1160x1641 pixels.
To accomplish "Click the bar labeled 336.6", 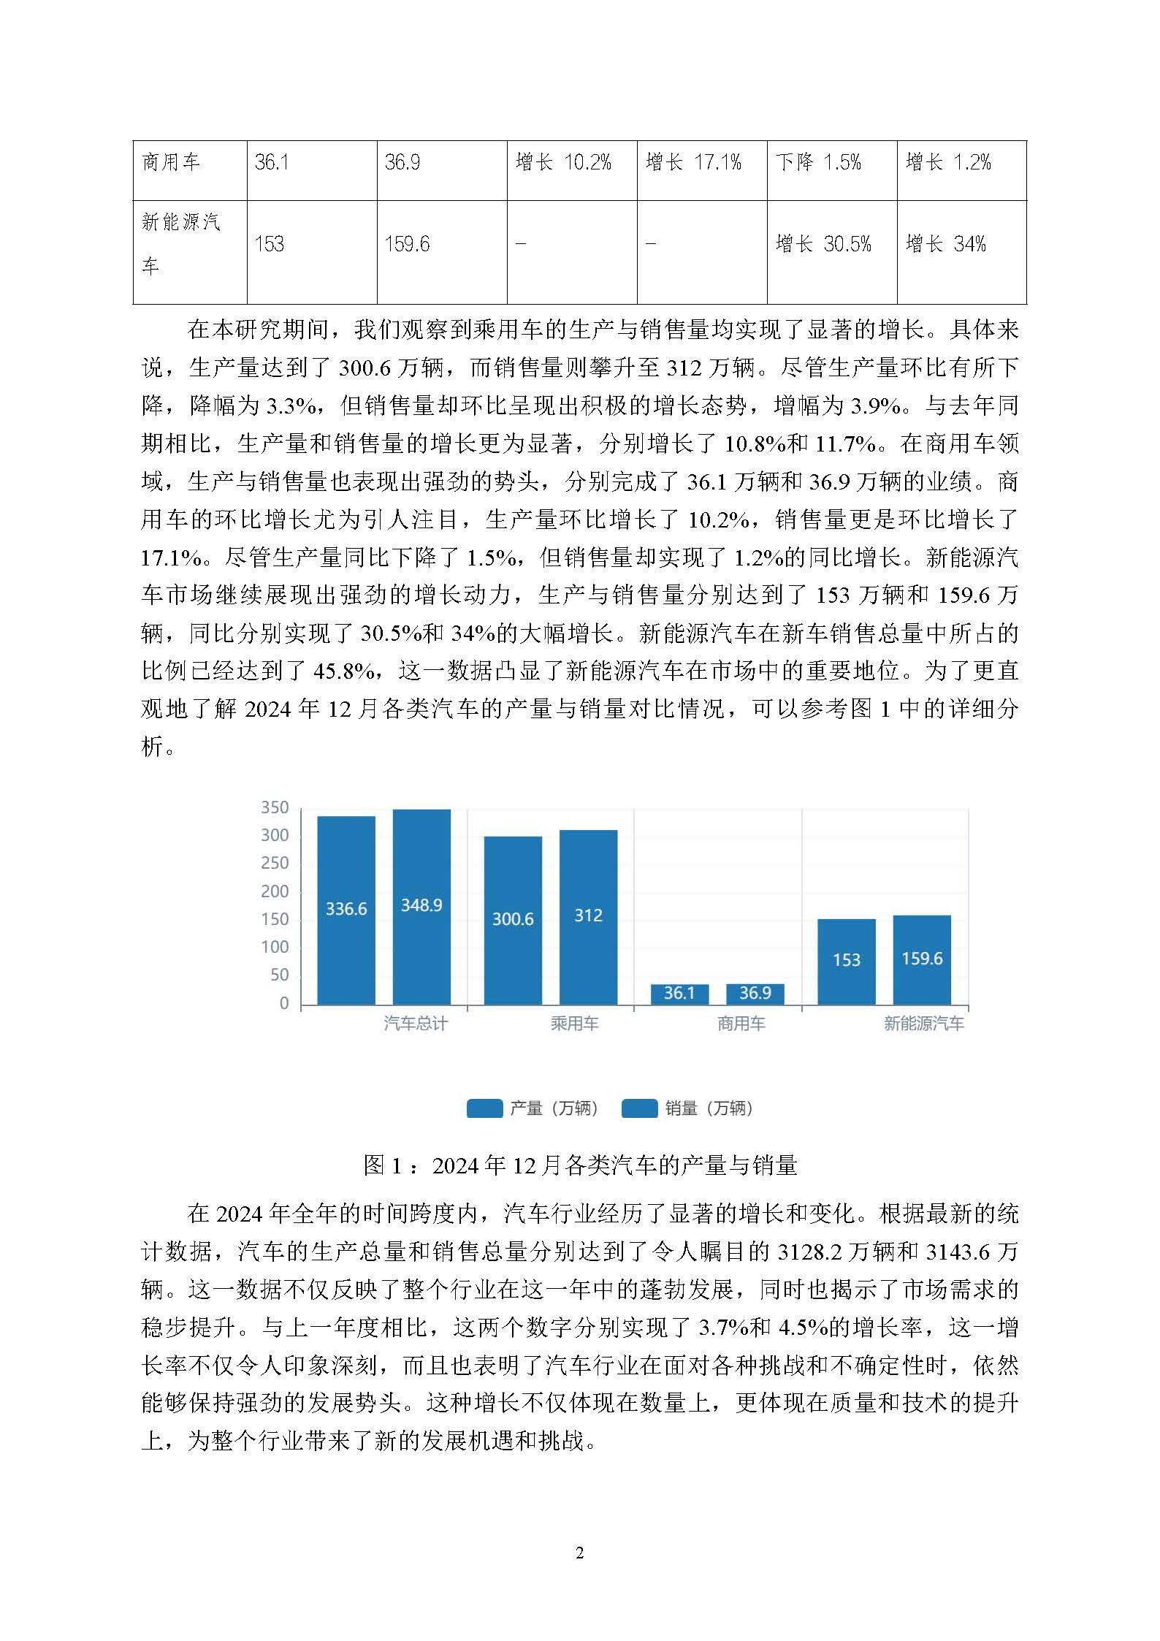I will coord(346,910).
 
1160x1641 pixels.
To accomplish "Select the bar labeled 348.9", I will coord(421,906).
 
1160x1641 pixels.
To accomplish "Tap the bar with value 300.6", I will coord(513,919).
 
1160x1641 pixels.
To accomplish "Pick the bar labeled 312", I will coord(588,916).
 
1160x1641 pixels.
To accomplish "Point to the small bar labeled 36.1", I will coord(679,994).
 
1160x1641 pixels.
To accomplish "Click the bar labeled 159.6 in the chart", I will coord(922,959).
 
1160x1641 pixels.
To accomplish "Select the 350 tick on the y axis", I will coord(275,807).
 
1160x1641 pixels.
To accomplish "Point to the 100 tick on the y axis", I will coord(275,948).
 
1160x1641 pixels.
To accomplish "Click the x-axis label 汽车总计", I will coord(415,1024).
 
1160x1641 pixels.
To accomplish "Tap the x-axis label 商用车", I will coord(741,1024).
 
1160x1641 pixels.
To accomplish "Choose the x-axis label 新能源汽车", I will coord(923,1024).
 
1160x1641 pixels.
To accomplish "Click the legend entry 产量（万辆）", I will coord(533,1108).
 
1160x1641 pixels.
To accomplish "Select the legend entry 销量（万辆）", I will coord(688,1108).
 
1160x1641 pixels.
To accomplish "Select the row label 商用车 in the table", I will coord(171,162).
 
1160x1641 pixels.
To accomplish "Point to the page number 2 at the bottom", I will coord(580,1553).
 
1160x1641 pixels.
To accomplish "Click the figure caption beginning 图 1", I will coord(580,1165).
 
